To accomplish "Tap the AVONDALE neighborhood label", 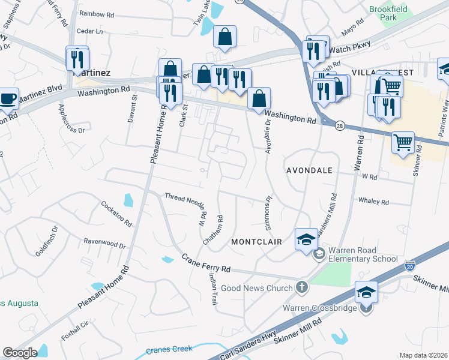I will coord(309,170).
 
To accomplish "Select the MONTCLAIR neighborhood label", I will coord(253,241).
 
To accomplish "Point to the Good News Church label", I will coord(256,289).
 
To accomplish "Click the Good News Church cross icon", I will coord(302,287).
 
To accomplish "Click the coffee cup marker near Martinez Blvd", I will coord(8,98).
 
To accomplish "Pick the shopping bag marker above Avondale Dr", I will coord(259,98).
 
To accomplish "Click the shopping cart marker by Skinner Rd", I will coord(403,142).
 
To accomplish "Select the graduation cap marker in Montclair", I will coord(306,239).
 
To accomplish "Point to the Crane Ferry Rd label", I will coord(206,262).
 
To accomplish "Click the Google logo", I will coord(20,353).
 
